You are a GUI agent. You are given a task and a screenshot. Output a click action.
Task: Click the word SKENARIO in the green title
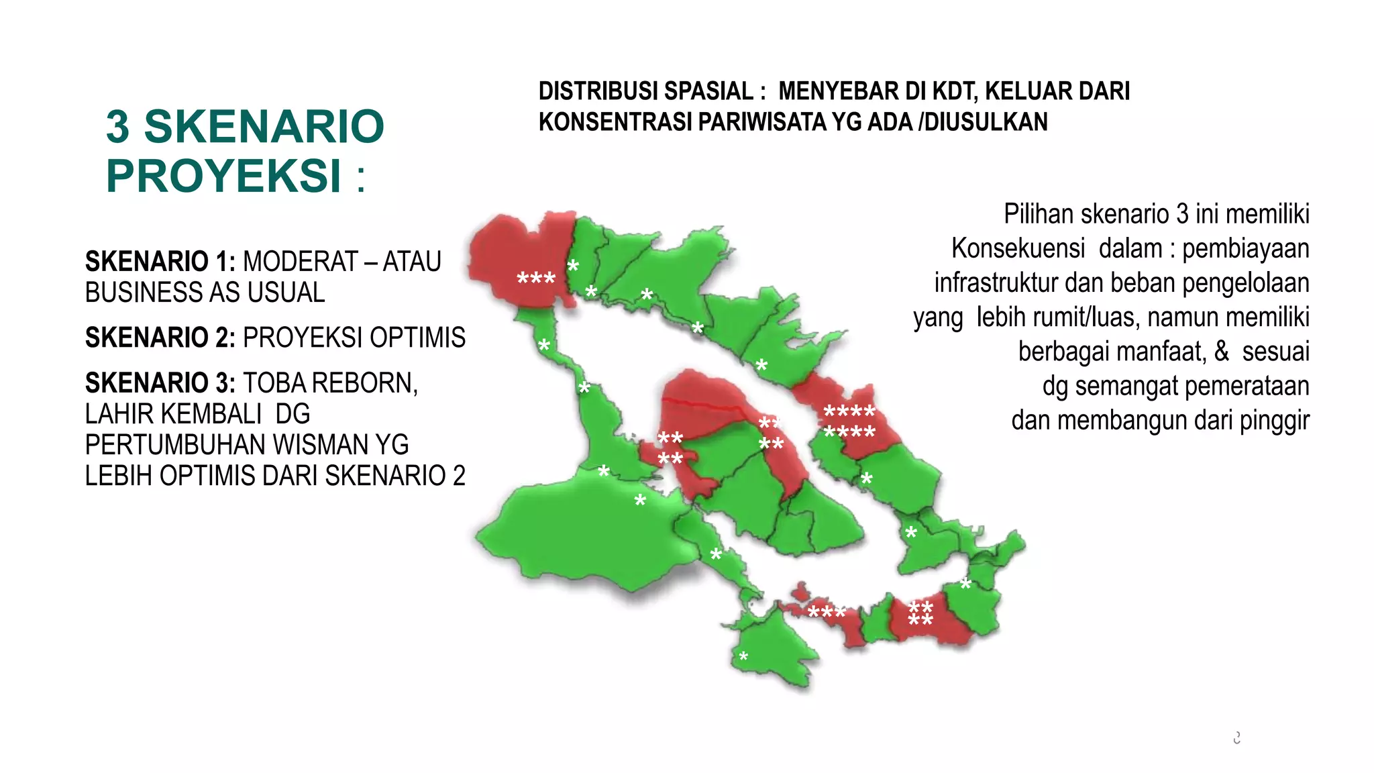coord(264,126)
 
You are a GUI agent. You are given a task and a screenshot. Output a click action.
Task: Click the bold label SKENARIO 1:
coord(160,262)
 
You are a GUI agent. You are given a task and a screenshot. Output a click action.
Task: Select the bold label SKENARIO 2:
coord(160,338)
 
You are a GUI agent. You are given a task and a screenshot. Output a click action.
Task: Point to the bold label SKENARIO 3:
coord(160,383)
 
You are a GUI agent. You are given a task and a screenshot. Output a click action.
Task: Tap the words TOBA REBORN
coord(330,383)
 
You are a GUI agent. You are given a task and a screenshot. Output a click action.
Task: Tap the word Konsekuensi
coord(1018,249)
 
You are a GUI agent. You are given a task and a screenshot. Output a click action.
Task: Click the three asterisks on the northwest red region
coord(536,279)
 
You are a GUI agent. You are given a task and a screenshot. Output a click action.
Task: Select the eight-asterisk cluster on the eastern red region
coord(849,421)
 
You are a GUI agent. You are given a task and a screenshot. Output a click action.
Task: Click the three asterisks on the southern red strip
coord(827,613)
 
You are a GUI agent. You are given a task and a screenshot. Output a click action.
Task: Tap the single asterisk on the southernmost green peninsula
coord(743,657)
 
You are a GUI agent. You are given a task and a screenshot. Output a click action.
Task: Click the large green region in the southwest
coord(577,537)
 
